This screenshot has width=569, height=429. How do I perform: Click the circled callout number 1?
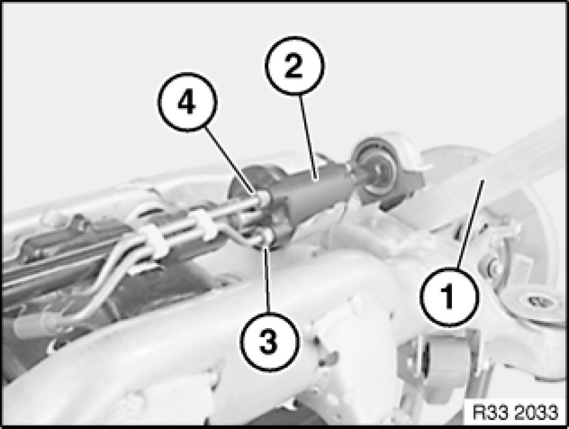(449, 296)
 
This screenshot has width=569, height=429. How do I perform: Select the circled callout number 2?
(294, 66)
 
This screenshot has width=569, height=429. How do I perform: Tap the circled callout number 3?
(270, 342)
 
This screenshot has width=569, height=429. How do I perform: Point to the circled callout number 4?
(187, 102)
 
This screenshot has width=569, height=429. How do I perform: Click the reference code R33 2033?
(515, 413)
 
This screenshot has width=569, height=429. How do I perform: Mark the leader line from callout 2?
(308, 137)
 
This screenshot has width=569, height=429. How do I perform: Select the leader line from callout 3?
(267, 279)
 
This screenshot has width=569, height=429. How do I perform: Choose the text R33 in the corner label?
(492, 413)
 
